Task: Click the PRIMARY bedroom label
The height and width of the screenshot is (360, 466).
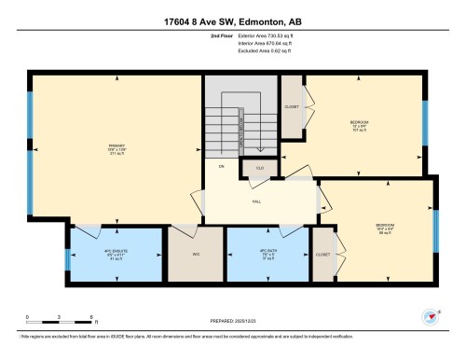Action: (116, 145)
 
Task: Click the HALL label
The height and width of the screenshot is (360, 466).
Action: (254, 201)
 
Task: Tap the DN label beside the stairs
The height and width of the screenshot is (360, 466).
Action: (222, 166)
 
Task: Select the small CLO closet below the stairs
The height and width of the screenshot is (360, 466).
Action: (259, 168)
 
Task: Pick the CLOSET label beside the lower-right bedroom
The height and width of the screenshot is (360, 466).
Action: (322, 253)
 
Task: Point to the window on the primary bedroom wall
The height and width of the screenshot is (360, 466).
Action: (31, 145)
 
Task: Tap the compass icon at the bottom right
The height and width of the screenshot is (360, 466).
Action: (430, 316)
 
